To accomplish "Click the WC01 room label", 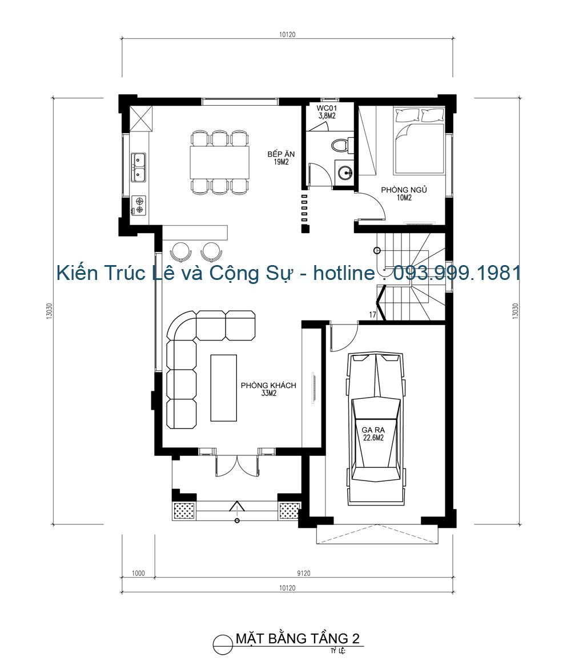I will click(x=327, y=111).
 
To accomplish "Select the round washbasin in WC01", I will click(x=344, y=172).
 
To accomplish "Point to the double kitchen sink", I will click(x=138, y=166).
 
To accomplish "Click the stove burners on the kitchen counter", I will click(x=138, y=205).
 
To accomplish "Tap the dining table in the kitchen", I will click(x=220, y=163).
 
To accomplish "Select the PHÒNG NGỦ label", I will click(x=404, y=194).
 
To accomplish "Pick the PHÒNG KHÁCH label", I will click(x=268, y=389).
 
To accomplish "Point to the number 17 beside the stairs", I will click(x=372, y=315).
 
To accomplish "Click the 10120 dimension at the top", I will click(x=287, y=34).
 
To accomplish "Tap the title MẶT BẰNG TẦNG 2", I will click(x=297, y=638).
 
